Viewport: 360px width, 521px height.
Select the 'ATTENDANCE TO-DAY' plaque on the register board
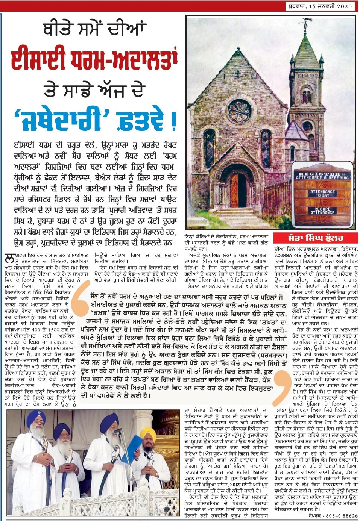click(x=322, y=194)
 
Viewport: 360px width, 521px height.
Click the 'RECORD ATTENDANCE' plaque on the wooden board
click(x=322, y=211)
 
